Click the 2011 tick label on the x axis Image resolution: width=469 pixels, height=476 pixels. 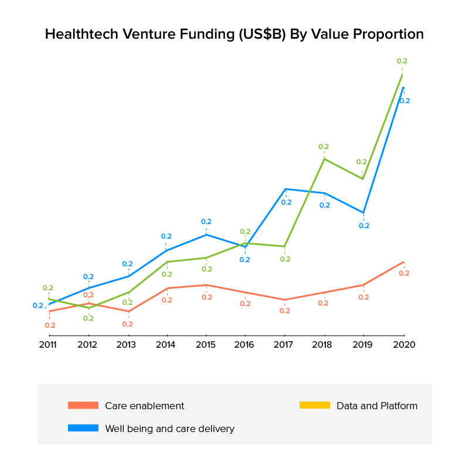point(48,345)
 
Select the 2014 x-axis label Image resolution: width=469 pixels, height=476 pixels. point(166,345)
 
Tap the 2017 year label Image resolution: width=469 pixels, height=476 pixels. point(285,345)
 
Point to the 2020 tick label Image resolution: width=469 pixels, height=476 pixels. point(403,345)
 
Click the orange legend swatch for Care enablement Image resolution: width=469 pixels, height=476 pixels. point(83,406)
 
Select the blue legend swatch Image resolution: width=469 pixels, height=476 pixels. point(83,429)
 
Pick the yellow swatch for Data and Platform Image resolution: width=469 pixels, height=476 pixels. point(315,406)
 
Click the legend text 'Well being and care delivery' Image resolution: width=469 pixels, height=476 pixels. point(169,429)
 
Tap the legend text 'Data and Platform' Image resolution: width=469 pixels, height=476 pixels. point(377,406)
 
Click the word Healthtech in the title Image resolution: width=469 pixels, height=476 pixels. point(81,35)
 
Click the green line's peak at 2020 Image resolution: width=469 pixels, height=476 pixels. point(402,74)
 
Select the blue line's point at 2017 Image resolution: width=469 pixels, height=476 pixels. point(286,189)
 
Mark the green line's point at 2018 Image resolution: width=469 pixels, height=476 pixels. point(324,159)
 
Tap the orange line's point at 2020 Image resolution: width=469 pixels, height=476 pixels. point(403,262)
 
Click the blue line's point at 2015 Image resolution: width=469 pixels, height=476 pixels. point(206,234)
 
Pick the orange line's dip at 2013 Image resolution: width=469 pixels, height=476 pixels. point(128,311)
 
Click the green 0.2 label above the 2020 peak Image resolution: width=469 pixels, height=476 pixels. point(402,61)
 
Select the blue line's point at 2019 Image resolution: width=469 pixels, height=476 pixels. point(363,213)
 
